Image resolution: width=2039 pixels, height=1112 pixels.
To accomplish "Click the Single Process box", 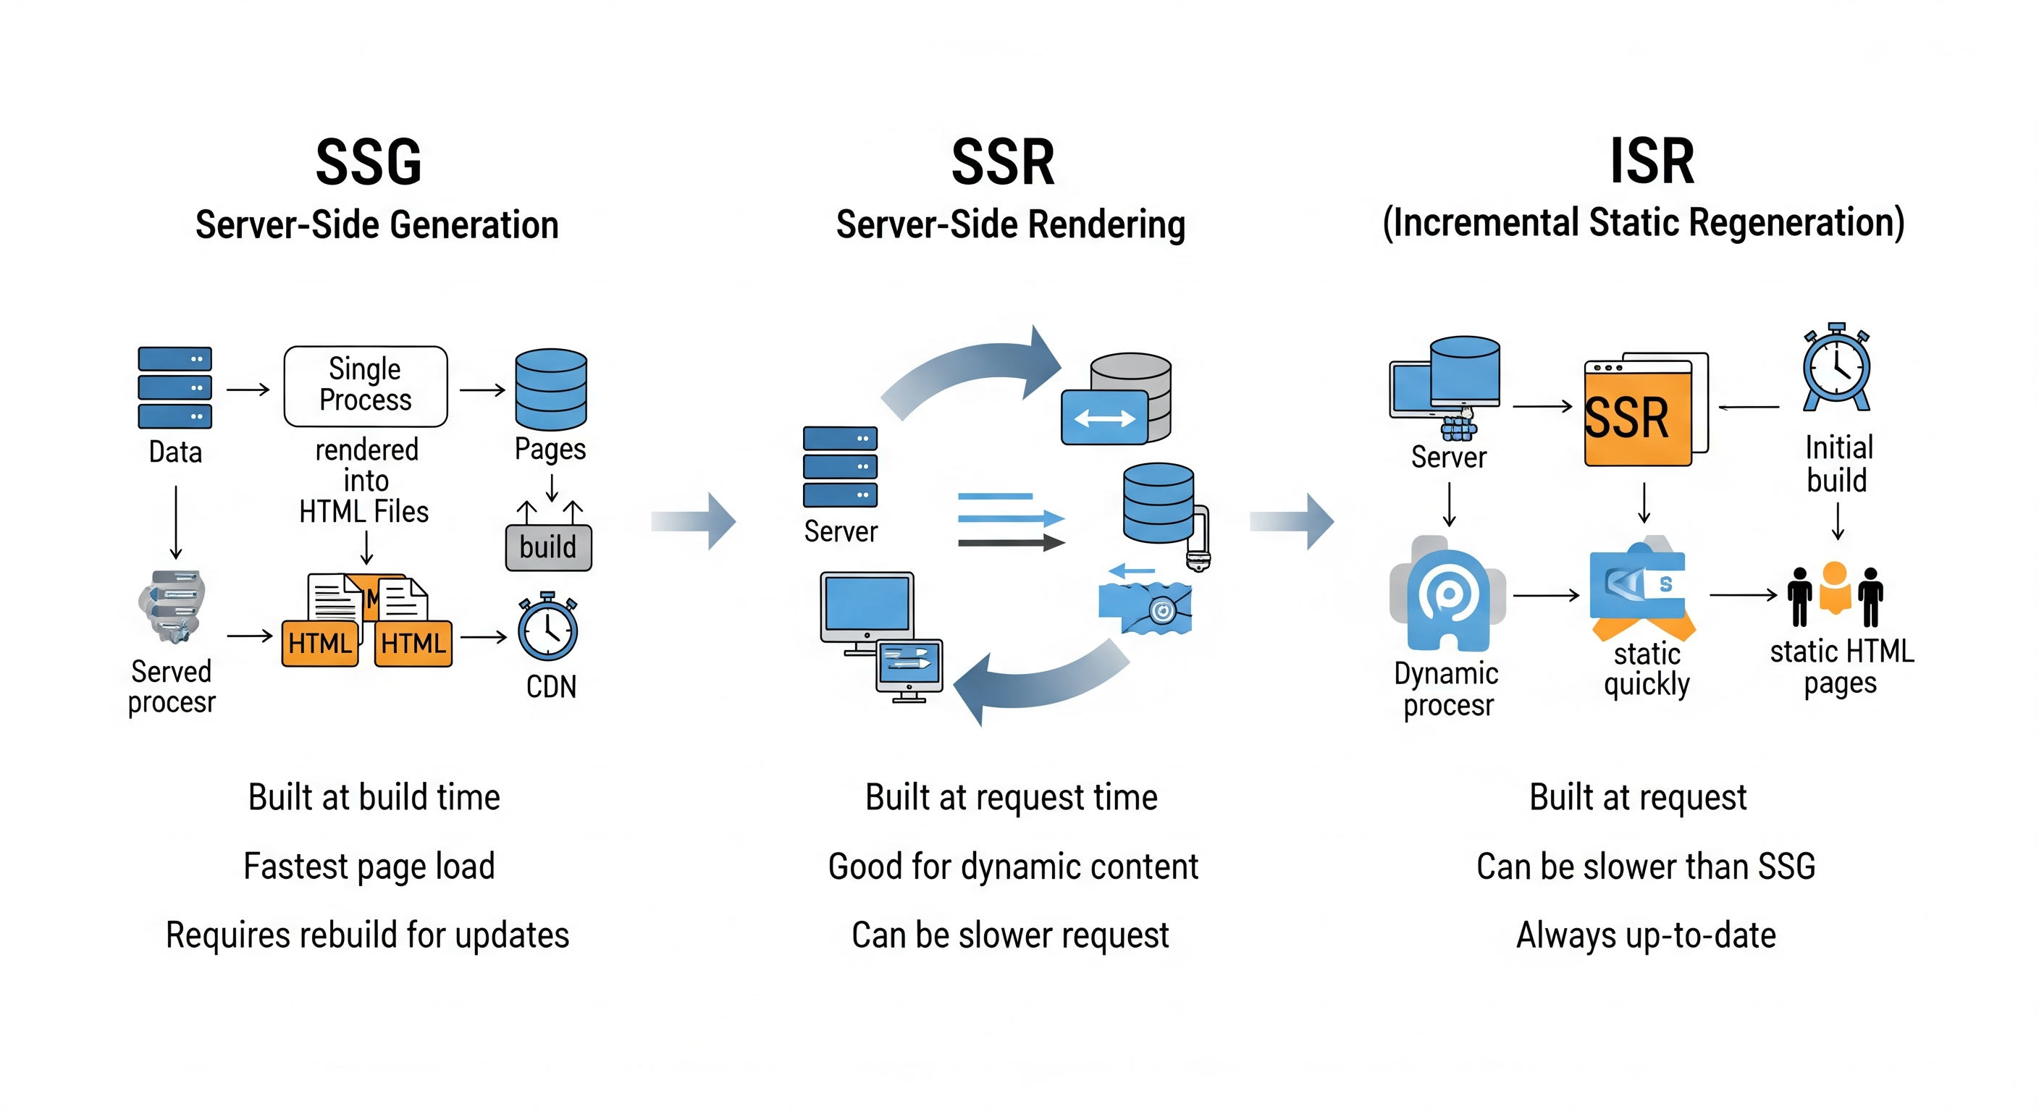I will [x=365, y=385].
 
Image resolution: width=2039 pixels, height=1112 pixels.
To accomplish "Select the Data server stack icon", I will [x=175, y=387].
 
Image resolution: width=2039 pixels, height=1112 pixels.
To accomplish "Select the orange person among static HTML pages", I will [x=1835, y=589].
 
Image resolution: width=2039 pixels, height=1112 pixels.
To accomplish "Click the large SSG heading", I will [x=369, y=162].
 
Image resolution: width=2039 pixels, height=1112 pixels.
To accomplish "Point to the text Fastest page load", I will [x=369, y=866].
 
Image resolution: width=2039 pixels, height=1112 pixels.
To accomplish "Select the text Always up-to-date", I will [x=1646, y=935].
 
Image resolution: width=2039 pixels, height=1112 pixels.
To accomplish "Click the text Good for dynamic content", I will [x=1012, y=866].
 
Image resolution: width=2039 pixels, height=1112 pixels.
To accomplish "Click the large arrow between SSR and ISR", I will [x=1292, y=521].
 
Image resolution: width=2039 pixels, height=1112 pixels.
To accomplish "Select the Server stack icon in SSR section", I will [x=840, y=467].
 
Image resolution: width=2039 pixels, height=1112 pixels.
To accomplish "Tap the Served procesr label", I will [x=172, y=686].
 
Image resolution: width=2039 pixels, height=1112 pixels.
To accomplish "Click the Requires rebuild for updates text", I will [x=367, y=935].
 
